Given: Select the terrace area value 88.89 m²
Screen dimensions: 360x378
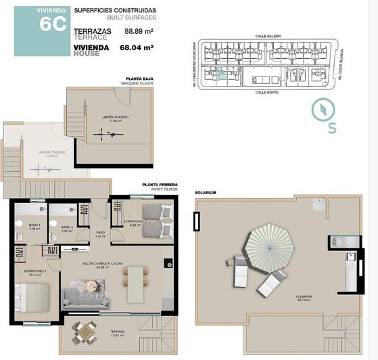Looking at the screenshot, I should tap(139, 31).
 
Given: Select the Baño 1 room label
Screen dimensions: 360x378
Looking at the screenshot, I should tap(35, 226).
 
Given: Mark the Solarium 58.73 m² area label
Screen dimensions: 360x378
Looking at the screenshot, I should tap(303, 298).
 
